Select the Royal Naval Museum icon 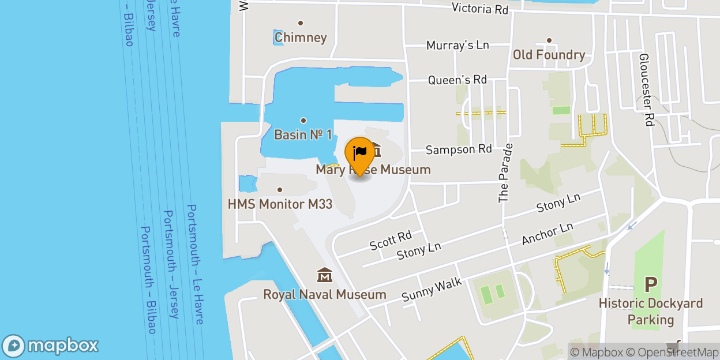point(325,276)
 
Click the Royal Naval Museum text point(325,294)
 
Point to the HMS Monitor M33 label point(280,204)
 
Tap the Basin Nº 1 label point(303,134)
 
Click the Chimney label point(301,37)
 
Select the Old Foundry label point(549,55)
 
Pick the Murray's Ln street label point(457,45)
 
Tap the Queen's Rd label point(457,80)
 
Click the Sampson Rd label point(459,149)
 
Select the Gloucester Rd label point(644,90)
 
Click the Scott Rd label point(391,240)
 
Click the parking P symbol point(651,285)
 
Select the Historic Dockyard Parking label point(651,312)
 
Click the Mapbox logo point(51,346)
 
